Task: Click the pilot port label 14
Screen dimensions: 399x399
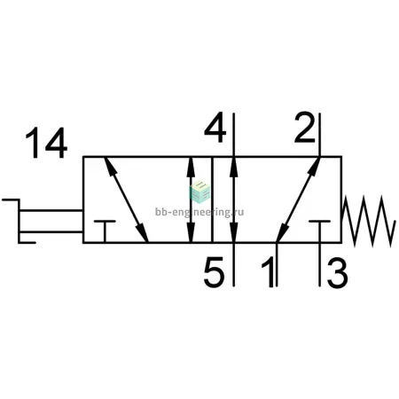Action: pos(46,143)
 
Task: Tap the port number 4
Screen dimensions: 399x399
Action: pos(215,128)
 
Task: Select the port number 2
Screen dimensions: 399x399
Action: pos(305,128)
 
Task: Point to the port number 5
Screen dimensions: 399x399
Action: pos(215,272)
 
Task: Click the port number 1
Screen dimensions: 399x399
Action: pos(268,272)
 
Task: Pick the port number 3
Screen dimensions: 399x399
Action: pos(338,273)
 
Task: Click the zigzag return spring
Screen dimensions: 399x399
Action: pos(368,221)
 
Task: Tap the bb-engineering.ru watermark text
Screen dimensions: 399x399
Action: pos(199,212)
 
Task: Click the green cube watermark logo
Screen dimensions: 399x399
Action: pos(199,192)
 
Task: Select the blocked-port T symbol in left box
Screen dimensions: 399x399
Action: pos(105,231)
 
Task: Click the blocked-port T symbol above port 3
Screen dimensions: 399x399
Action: pos(319,231)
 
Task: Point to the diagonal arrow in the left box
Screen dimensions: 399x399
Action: pos(127,199)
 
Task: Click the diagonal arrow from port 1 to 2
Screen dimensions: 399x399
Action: pos(298,199)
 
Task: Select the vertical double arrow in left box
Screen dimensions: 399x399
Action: pos(192,199)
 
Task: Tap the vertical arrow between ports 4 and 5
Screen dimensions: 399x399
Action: pos(234,199)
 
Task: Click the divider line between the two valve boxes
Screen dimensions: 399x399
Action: pos(212,199)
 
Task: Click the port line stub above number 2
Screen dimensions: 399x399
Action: pos(319,135)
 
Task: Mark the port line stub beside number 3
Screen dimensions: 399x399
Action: pos(319,264)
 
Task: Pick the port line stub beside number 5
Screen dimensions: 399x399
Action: pos(234,264)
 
